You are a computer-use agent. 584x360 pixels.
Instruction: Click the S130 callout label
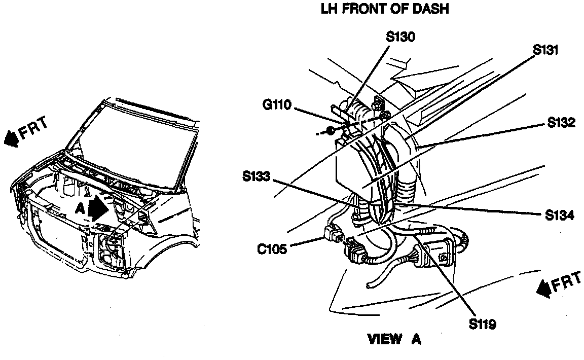(400, 38)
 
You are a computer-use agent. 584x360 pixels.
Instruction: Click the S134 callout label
(559, 215)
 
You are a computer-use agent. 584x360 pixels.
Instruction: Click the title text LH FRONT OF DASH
(385, 10)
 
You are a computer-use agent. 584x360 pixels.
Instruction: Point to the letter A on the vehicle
(80, 208)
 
